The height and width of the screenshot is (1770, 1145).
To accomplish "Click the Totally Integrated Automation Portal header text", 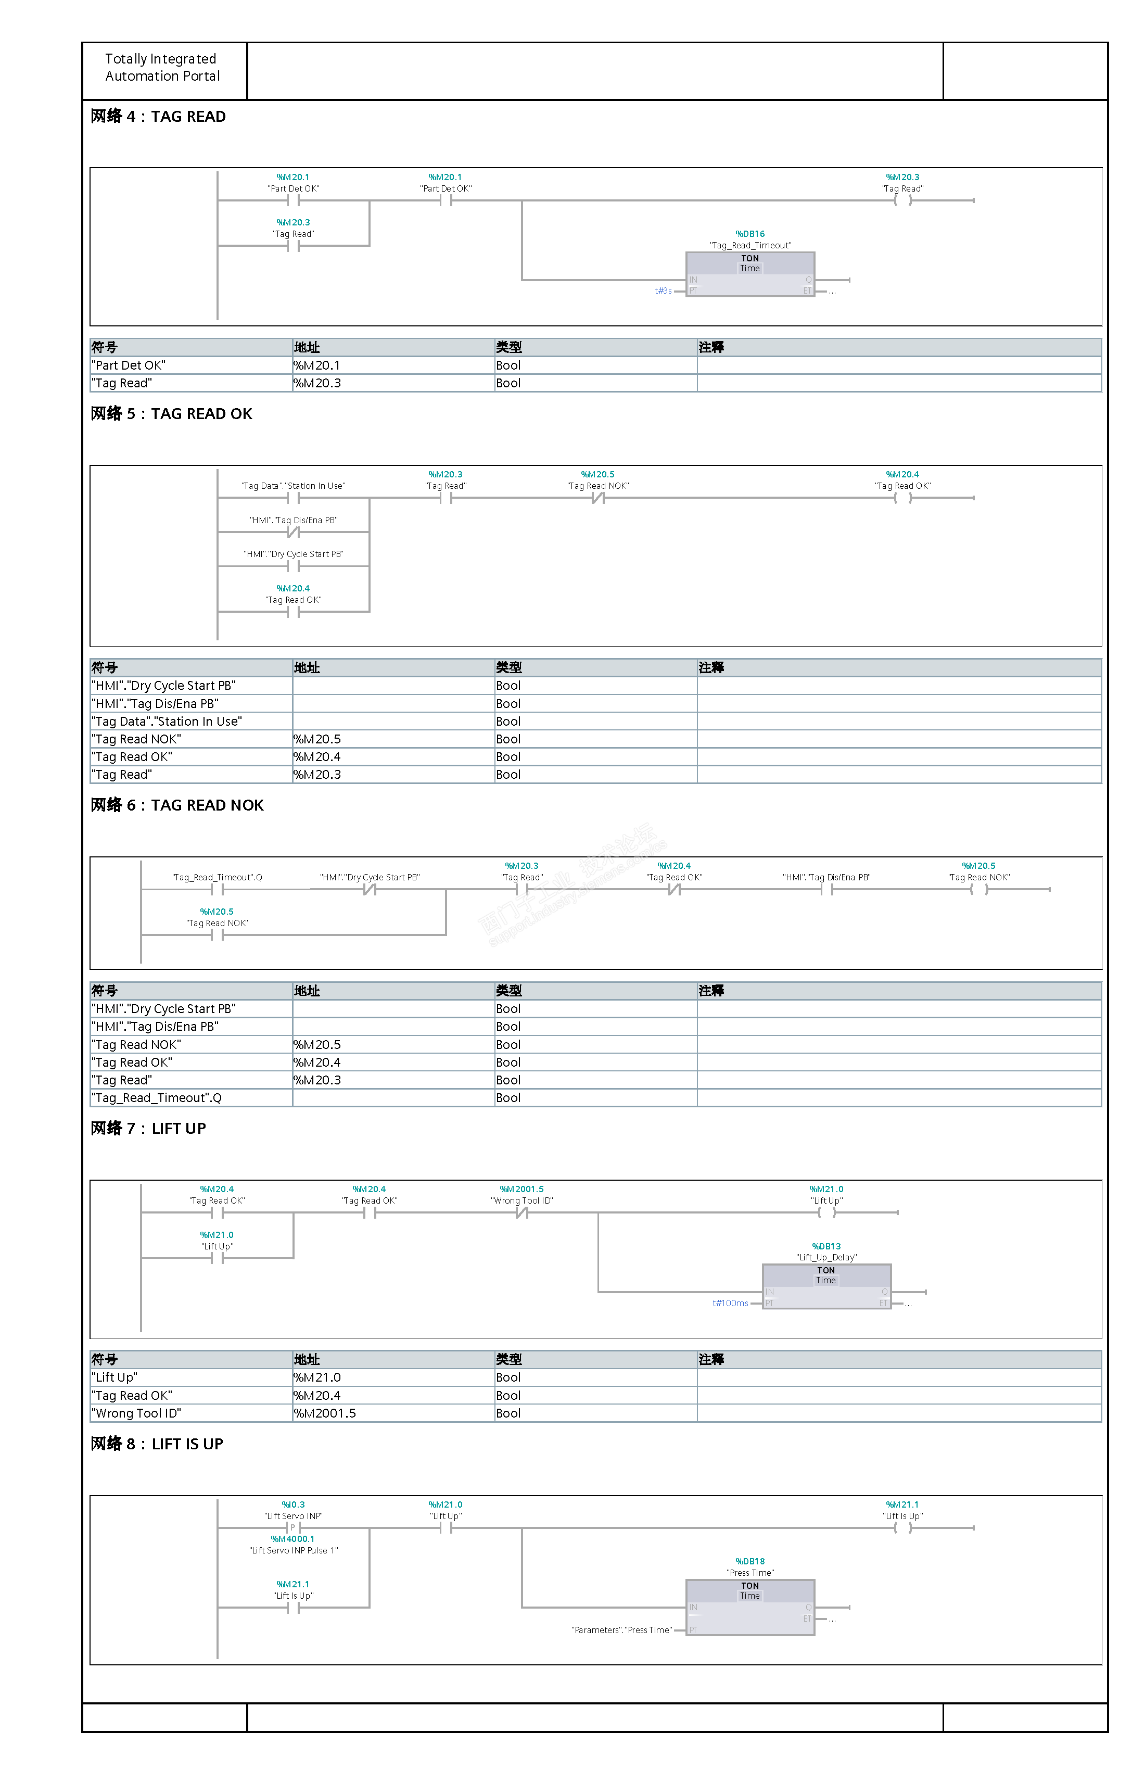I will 162,68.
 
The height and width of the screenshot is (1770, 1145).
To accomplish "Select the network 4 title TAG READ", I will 158,117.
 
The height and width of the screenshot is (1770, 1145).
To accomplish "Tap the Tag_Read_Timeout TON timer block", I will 749,274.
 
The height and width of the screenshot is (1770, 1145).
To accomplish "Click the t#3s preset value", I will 663,291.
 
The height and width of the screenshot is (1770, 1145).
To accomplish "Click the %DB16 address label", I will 749,234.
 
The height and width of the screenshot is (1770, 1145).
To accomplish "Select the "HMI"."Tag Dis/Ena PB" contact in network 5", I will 293,532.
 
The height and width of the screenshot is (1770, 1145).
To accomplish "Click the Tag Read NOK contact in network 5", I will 598,498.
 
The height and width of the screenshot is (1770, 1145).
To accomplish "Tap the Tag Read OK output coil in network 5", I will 902,498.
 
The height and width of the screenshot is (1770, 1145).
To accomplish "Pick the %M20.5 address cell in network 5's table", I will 318,739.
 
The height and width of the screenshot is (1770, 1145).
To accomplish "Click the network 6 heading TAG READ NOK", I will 177,805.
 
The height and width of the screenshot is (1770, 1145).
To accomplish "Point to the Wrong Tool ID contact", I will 522,1213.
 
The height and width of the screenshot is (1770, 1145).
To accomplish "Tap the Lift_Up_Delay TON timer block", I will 826,1286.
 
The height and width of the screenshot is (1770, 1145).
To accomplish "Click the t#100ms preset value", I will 730,1303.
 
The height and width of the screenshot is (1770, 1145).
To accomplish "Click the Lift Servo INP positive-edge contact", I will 293,1527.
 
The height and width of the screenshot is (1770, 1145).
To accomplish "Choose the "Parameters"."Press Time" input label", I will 621,1630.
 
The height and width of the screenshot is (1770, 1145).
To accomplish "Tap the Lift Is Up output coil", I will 902,1527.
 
